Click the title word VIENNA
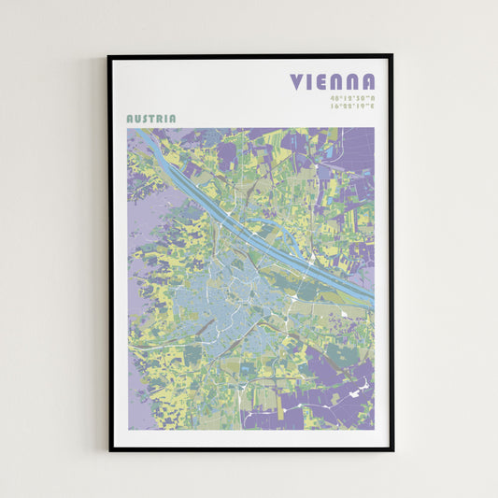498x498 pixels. (x=333, y=82)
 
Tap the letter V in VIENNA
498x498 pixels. (x=297, y=82)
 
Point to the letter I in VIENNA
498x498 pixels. (x=312, y=82)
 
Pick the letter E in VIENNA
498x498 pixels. (x=324, y=82)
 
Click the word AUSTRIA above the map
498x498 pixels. (x=150, y=119)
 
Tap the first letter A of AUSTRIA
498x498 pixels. (x=130, y=119)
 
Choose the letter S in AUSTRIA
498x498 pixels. (x=145, y=119)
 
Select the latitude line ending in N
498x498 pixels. (x=351, y=97)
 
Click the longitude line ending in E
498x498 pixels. (x=351, y=106)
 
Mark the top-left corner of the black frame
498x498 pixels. (x=108, y=55)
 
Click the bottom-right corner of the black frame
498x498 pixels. (x=392, y=450)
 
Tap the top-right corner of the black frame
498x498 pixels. (x=392, y=55)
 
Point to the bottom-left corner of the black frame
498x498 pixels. (x=108, y=450)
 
